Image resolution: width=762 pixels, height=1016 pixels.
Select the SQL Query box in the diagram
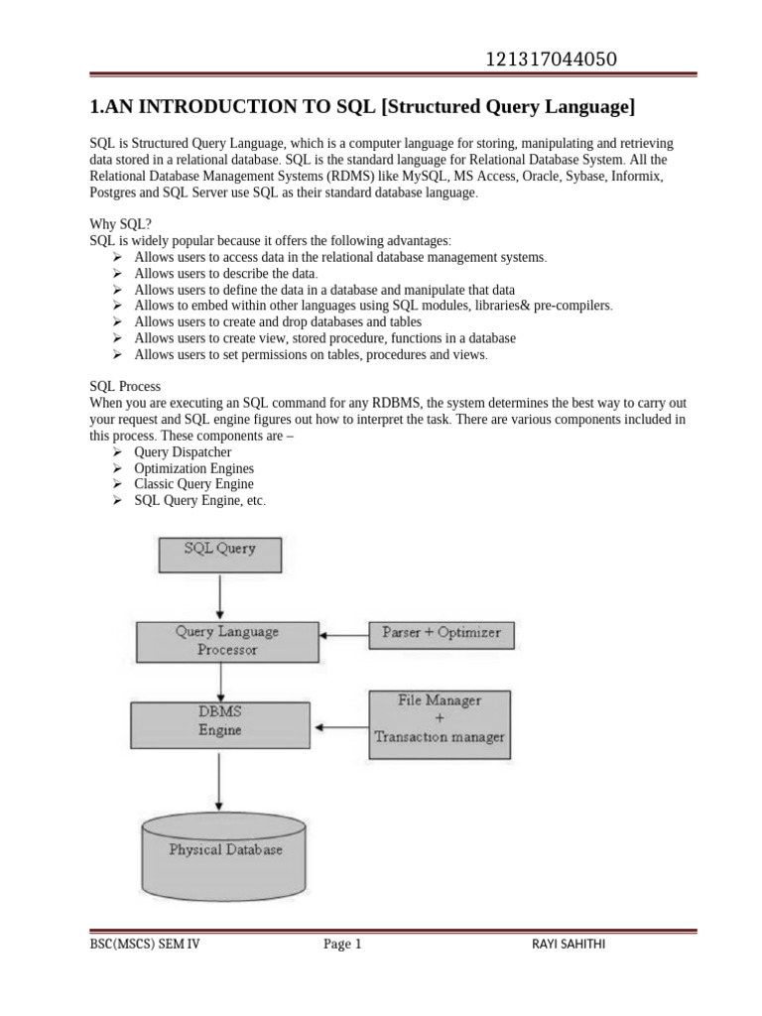[x=220, y=554]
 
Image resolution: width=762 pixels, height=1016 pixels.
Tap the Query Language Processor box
[x=226, y=641]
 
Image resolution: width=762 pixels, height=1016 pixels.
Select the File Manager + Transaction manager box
[x=440, y=718]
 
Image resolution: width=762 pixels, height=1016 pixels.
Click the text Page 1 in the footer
[x=342, y=945]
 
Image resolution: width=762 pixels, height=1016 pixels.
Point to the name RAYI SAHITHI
[x=570, y=945]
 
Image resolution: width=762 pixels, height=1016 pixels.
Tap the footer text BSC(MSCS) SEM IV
[x=142, y=945]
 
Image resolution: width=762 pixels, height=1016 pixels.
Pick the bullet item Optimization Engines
[x=193, y=468]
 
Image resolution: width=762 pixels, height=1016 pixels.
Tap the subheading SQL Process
[x=125, y=386]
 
